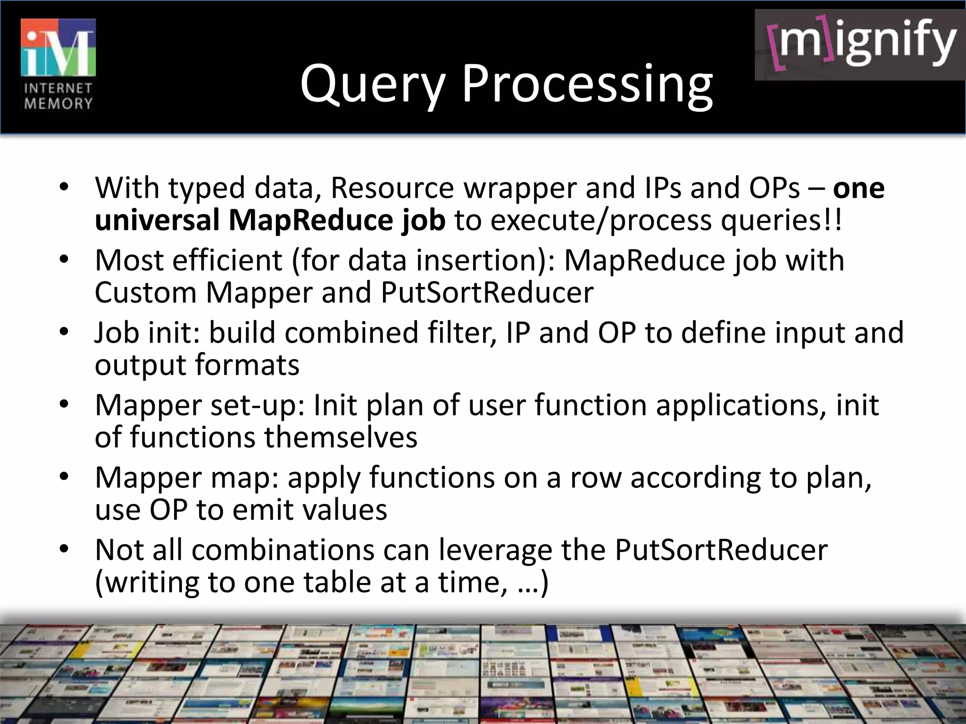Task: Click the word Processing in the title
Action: (x=587, y=85)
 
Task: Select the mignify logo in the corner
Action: (x=860, y=45)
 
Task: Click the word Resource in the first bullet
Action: (x=392, y=188)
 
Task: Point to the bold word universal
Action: (x=157, y=220)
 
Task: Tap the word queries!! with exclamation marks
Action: (x=781, y=220)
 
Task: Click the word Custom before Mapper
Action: (x=145, y=293)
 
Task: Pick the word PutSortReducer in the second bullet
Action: (x=487, y=293)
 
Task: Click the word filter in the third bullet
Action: (x=462, y=332)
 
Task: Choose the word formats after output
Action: (x=247, y=365)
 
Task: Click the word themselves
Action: (x=341, y=437)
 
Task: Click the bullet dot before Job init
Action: (x=64, y=332)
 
